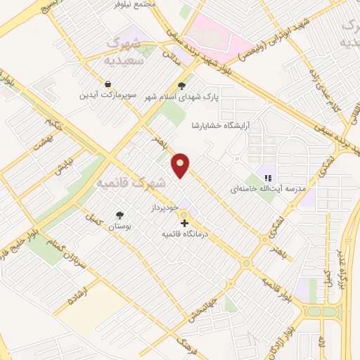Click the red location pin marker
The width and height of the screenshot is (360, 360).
pyautogui.click(x=181, y=165)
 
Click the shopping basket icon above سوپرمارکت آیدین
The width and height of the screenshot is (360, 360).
pyautogui.click(x=105, y=84)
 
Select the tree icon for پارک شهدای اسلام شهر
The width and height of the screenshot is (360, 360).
pyautogui.click(x=182, y=86)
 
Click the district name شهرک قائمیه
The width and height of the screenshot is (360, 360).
pyautogui.click(x=131, y=184)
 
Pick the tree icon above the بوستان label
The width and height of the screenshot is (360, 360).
pyautogui.click(x=120, y=216)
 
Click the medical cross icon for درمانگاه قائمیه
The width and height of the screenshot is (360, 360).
pyautogui.click(x=184, y=222)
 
